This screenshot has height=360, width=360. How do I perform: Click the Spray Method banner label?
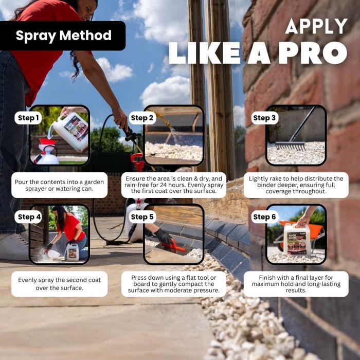(64, 35)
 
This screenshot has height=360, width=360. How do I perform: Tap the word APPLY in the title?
(316, 26)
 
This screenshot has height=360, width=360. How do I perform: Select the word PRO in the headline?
(313, 52)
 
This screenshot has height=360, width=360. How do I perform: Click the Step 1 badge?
(28, 118)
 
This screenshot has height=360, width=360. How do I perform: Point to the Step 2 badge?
(142, 118)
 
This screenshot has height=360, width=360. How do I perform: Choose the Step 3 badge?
(264, 118)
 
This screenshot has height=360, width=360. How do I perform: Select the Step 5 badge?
(142, 217)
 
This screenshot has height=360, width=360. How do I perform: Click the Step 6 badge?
(264, 217)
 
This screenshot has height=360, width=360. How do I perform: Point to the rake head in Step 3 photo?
(290, 146)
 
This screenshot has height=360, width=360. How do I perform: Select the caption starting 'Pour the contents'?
(60, 185)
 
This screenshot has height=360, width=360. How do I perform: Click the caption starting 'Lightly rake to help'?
(296, 185)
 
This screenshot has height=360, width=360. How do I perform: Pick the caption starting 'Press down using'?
(174, 284)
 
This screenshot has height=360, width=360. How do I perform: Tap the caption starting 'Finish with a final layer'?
(296, 284)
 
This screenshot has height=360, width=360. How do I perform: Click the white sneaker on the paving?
(13, 247)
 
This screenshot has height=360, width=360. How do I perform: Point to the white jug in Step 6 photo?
(297, 240)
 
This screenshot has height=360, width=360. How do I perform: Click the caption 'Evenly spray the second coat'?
(60, 284)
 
